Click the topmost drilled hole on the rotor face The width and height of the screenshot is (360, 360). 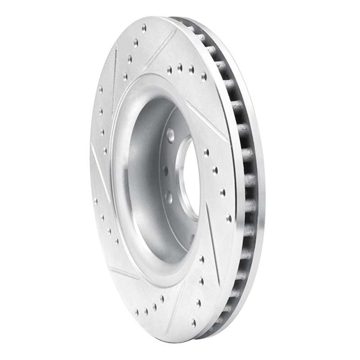pos(144,28)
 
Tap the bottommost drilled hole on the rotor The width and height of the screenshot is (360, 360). pos(193,322)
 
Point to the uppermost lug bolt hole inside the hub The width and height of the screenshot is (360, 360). pos(171,134)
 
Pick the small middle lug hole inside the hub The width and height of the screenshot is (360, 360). pos(166,171)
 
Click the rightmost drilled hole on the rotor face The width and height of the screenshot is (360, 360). pos(229,218)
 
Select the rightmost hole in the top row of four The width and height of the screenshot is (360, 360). pos(203,76)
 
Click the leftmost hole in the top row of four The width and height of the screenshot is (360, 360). pos(169,70)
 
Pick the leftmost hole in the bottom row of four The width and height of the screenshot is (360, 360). pos(136,311)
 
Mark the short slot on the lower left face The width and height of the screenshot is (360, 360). pos(124,272)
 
